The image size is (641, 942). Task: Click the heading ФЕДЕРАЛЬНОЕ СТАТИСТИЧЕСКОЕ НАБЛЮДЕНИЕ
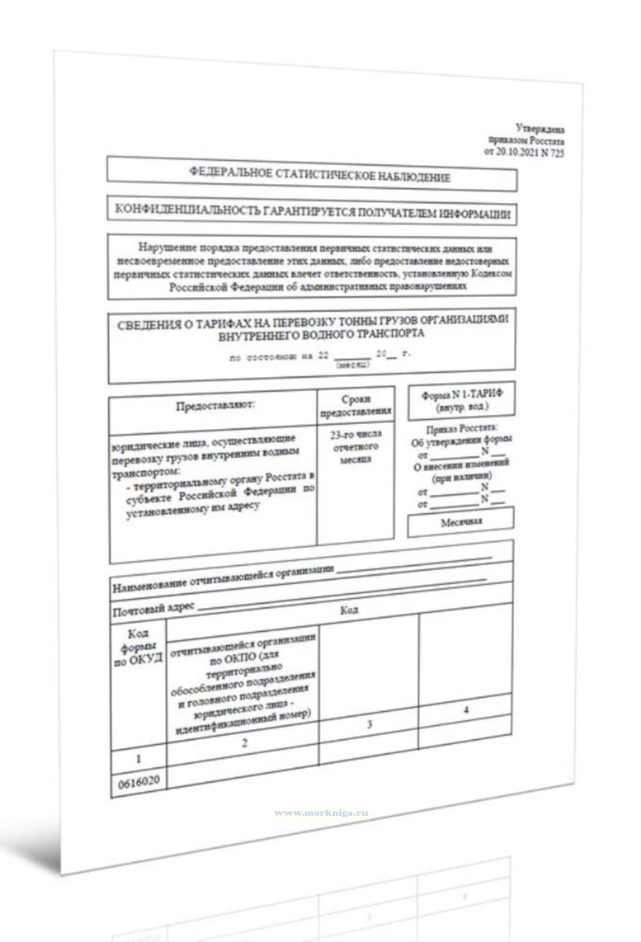(319, 175)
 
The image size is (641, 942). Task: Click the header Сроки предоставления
(355, 405)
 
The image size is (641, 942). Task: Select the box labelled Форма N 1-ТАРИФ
(462, 400)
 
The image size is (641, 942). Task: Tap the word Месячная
(461, 522)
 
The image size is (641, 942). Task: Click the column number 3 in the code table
(369, 725)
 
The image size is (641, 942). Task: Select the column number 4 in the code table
(465, 710)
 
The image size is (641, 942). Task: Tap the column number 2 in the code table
(244, 743)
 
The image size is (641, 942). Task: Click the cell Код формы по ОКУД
(138, 647)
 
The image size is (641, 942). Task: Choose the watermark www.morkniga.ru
(321, 813)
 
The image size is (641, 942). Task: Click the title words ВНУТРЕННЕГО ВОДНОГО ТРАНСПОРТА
(322, 335)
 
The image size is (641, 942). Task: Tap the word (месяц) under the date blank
(352, 365)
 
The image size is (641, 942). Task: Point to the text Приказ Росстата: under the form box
(462, 428)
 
